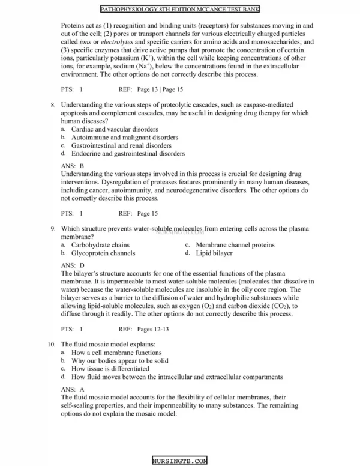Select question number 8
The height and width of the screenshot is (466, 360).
point(53,104)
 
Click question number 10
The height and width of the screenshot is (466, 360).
point(52,344)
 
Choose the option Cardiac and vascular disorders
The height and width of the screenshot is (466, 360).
point(115,129)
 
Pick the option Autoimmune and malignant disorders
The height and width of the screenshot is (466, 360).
point(124,138)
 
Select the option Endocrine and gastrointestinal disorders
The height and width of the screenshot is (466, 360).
point(128,154)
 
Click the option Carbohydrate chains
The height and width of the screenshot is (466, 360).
point(100,245)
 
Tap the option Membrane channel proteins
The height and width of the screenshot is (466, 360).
point(235,245)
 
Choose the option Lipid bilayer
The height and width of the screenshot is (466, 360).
point(214,253)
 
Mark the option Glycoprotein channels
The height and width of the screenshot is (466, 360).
point(103,253)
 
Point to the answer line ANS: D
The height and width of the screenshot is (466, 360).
point(73,265)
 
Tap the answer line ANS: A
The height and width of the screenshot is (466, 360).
point(73,389)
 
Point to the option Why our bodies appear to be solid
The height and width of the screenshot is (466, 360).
point(119,361)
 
